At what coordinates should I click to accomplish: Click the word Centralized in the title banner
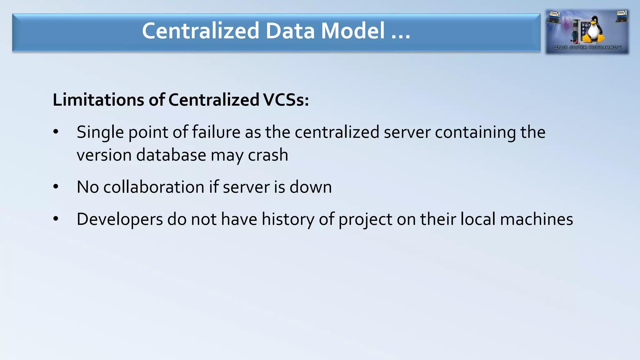coord(201,31)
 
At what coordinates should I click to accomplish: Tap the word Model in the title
coord(353,31)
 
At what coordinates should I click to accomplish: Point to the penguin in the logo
coord(592,30)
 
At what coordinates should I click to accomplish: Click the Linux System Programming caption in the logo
coord(587,47)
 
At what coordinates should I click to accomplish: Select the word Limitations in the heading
coord(98,100)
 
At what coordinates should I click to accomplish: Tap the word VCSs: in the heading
coord(286,100)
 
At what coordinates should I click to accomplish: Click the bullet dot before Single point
coord(56,132)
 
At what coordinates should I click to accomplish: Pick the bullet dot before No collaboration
coord(56,187)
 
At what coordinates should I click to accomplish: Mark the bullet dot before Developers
coord(56,219)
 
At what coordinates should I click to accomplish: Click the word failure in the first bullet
coord(216,132)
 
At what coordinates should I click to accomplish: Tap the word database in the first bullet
coord(171,155)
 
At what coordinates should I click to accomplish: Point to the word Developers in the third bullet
coord(120,219)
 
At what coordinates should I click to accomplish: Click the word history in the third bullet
coord(288,219)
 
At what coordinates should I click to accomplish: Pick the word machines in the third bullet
coord(536,219)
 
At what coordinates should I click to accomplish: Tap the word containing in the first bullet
coord(475,132)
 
